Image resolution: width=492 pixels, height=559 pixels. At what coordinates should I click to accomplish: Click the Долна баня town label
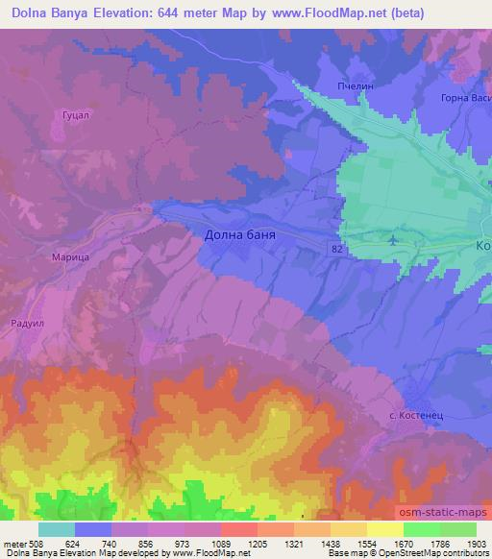tap(234, 233)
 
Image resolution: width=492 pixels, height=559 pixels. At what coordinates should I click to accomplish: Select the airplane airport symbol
tap(393, 238)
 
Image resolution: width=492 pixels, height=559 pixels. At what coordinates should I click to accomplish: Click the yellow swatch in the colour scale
tap(384, 529)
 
